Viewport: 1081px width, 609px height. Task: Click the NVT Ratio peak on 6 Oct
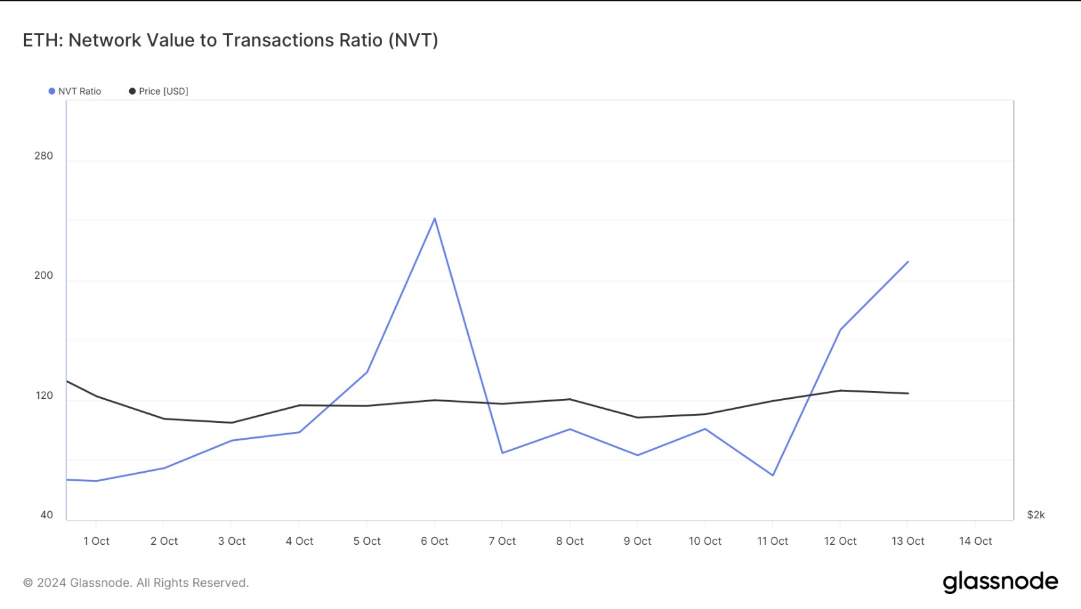435,219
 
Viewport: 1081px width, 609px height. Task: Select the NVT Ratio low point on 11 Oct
773,475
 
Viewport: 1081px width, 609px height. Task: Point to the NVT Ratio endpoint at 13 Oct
908,262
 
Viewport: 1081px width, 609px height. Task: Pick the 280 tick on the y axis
43,156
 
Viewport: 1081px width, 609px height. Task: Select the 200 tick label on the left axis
43,276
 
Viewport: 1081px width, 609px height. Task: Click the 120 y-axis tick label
43,396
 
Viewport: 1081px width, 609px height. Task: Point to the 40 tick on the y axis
46,515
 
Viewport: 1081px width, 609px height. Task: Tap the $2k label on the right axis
1036,515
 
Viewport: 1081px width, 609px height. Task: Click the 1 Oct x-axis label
96,541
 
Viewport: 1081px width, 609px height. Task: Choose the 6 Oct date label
435,541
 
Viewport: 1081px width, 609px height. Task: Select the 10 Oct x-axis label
705,541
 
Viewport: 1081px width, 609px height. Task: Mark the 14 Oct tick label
975,541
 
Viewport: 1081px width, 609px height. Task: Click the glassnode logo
1000,582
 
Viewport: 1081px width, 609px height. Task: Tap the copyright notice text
136,583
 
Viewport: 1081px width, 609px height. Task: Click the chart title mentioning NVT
230,40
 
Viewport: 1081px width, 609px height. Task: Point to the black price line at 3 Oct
232,423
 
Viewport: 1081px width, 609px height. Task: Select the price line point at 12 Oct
840,390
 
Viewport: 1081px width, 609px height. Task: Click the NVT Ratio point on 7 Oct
502,453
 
